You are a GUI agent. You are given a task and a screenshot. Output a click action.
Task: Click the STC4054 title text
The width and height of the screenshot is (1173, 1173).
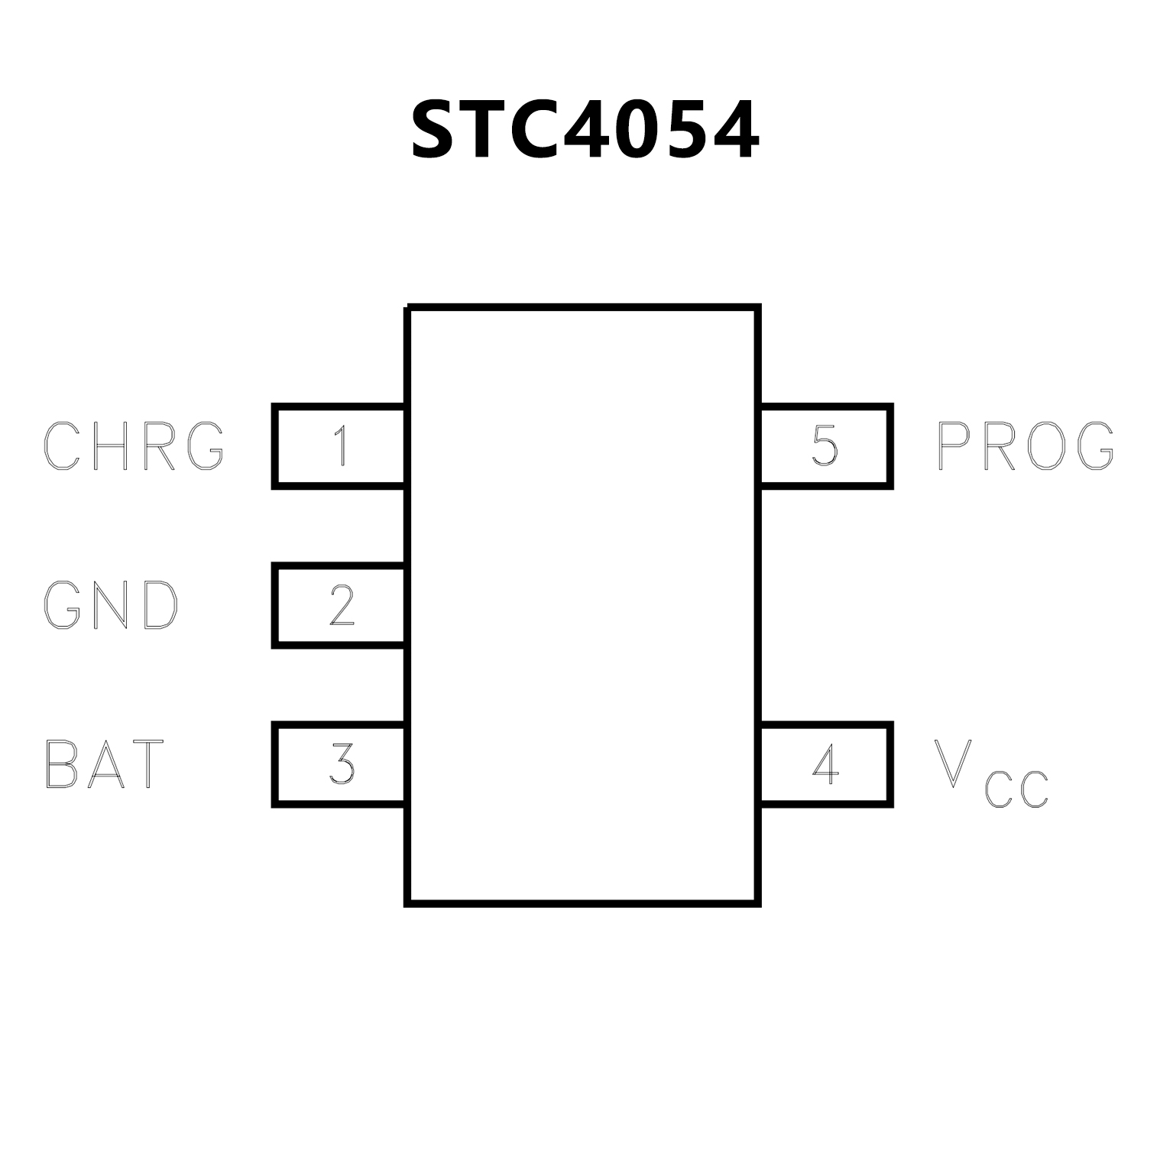(585, 131)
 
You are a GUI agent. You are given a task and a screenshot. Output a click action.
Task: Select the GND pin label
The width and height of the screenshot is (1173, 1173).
(112, 605)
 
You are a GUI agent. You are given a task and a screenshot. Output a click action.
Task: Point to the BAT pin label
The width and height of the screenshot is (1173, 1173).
(105, 763)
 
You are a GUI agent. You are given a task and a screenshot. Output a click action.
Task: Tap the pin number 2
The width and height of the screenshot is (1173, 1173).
(342, 605)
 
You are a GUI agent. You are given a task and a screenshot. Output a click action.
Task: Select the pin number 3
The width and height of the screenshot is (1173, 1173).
(342, 763)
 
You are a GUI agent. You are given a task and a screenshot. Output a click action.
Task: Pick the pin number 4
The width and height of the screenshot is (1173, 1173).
(825, 763)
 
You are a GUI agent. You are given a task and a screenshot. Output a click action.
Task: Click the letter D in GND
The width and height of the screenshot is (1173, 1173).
(160, 605)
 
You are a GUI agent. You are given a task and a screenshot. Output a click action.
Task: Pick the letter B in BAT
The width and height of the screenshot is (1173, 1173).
(61, 763)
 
